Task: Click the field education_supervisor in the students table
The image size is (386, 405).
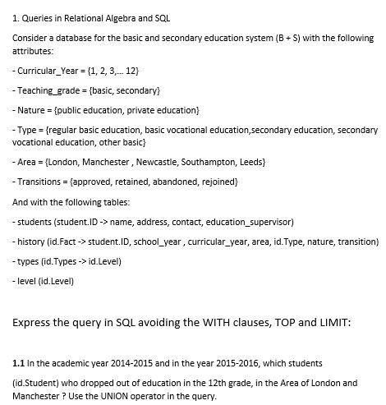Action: coord(250,222)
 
